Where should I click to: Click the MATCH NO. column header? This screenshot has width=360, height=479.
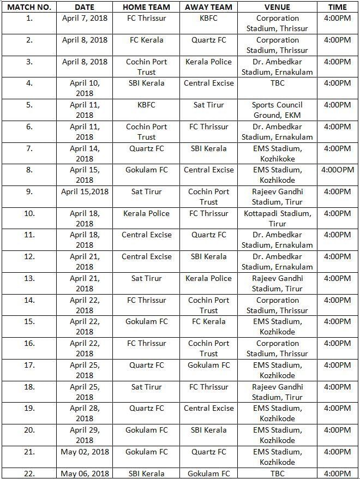tap(29, 7)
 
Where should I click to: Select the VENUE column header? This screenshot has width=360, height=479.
tap(277, 7)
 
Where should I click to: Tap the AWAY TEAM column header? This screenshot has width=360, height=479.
tap(208, 7)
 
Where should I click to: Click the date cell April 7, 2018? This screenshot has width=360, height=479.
tap(85, 19)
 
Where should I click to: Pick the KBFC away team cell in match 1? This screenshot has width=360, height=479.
tap(208, 19)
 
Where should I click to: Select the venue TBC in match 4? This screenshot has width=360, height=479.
tap(277, 83)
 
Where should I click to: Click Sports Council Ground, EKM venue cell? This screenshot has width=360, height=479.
tap(277, 110)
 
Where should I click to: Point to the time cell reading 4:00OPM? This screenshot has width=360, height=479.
tap(337, 170)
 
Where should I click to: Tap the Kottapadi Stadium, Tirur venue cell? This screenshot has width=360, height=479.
tap(277, 218)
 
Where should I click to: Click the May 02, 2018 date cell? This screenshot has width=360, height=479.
tap(85, 452)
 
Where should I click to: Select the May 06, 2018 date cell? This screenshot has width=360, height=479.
tap(85, 473)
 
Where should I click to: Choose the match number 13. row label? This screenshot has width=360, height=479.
tap(29, 278)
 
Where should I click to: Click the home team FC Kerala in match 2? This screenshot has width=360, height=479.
tap(146, 40)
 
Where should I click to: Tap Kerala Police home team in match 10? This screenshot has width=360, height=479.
tap(146, 213)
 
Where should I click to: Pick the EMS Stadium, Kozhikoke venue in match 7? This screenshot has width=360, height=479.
tap(277, 153)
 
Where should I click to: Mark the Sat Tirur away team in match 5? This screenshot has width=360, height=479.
tap(208, 105)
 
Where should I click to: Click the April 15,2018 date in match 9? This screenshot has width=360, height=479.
tap(85, 191)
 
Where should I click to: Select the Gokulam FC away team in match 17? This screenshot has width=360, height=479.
tap(208, 365)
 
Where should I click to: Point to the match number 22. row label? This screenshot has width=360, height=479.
tap(29, 473)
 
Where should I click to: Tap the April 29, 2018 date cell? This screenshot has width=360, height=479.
tap(85, 435)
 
